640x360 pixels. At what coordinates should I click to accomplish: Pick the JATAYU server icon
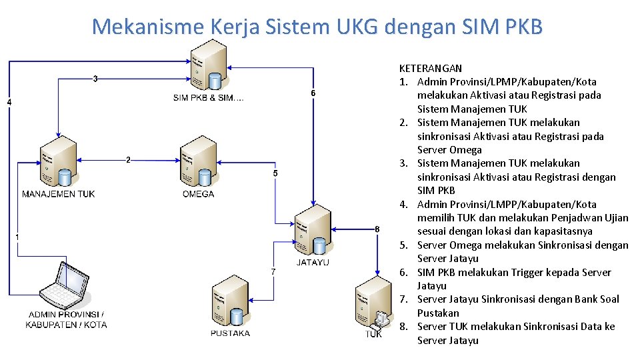point(313,229)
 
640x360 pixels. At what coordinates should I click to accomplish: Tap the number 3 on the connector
point(96,79)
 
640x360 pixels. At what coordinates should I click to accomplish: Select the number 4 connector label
point(9,102)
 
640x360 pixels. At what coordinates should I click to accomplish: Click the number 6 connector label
point(313,93)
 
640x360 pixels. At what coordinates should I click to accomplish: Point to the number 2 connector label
point(128,159)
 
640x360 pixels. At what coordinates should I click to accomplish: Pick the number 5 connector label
point(276,173)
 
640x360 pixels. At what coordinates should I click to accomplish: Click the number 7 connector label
point(273,271)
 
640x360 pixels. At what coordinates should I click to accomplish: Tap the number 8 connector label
point(377,229)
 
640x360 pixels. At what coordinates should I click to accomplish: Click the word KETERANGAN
point(430,68)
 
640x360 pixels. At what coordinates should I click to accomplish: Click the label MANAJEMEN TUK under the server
point(59,194)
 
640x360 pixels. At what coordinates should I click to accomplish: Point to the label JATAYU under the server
point(313,262)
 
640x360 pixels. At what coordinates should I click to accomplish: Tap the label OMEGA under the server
point(198,194)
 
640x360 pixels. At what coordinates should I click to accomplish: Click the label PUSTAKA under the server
point(230,333)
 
